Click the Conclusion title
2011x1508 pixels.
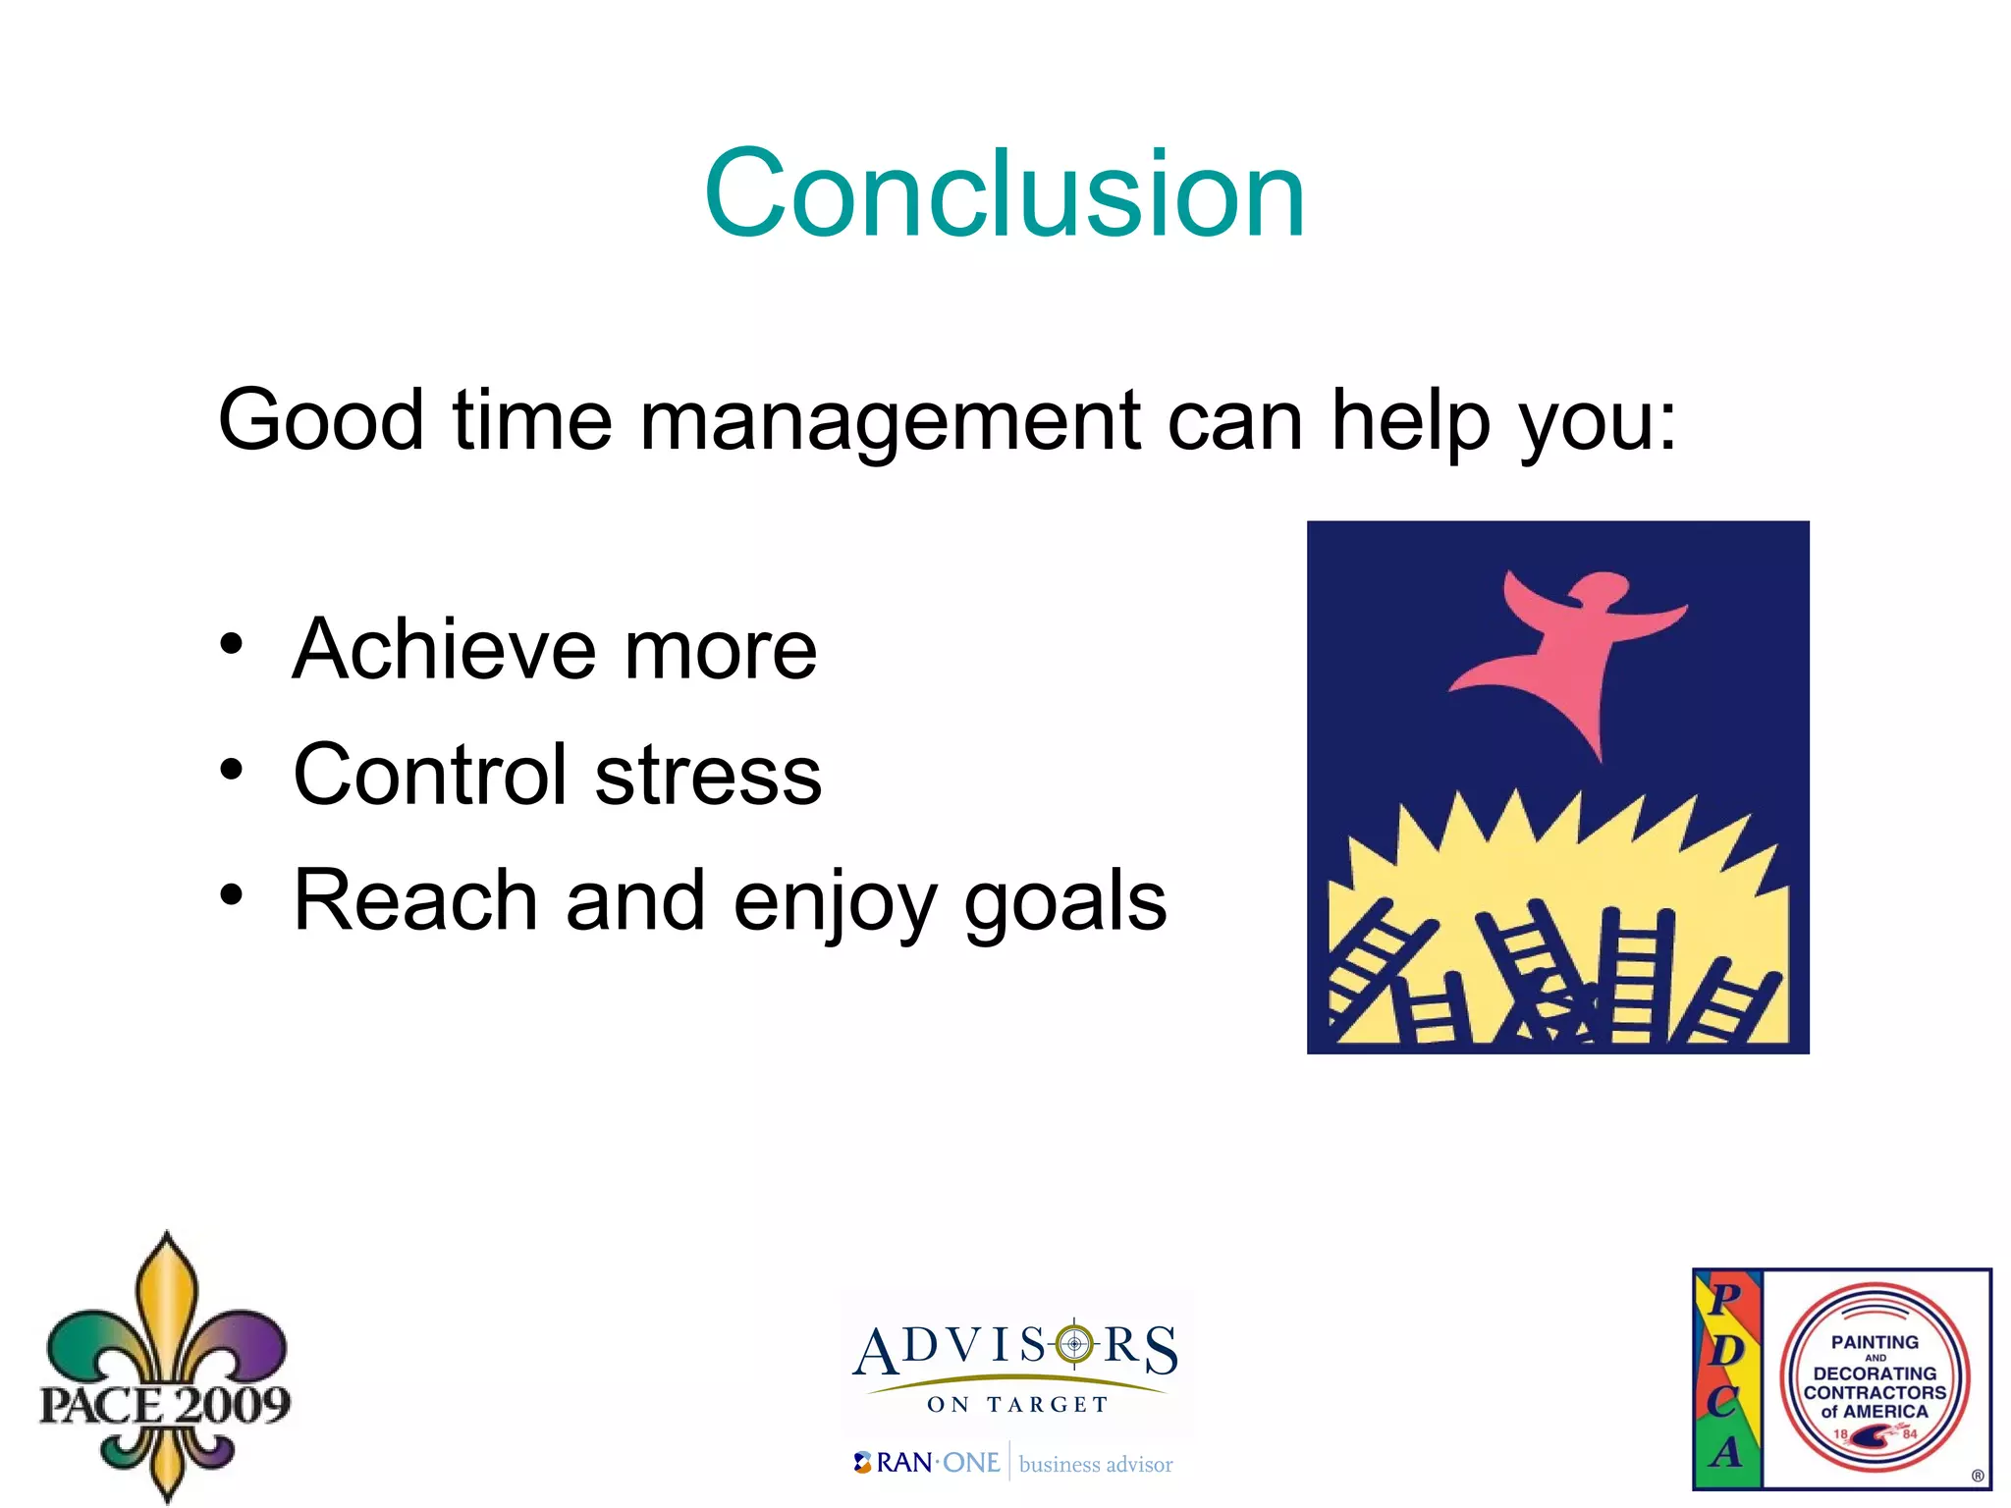tap(1005, 193)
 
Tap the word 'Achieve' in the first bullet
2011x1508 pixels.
tap(445, 649)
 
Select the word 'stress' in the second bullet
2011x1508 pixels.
tap(708, 775)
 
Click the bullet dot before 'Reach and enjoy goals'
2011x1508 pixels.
tap(231, 894)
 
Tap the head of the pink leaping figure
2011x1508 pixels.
tap(1600, 589)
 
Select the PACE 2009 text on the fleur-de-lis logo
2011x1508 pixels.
tap(165, 1405)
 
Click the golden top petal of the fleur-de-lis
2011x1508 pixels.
tap(167, 1296)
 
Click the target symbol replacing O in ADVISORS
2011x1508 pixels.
tap(1074, 1343)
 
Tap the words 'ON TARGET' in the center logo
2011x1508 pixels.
tap(1017, 1405)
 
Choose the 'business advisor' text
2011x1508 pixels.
tap(1096, 1465)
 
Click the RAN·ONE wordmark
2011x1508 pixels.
tap(937, 1463)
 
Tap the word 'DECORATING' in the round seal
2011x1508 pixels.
tap(1875, 1373)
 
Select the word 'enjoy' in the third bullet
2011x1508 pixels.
tap(835, 901)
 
